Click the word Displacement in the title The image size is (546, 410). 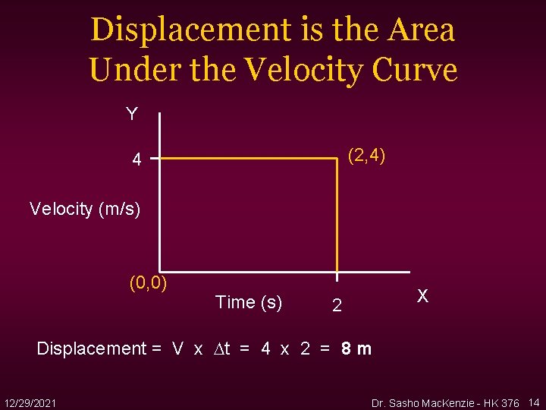tap(171, 30)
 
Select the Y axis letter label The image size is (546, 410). tap(132, 115)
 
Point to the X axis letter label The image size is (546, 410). tap(423, 296)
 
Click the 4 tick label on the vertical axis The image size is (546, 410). tap(136, 160)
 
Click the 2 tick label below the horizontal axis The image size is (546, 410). tap(337, 306)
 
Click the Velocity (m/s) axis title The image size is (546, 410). tap(85, 208)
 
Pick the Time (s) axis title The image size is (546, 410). tap(249, 302)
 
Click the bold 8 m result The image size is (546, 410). tap(356, 348)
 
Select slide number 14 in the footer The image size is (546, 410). tap(534, 401)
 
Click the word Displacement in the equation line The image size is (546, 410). tap(90, 348)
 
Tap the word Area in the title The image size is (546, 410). tap(421, 30)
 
